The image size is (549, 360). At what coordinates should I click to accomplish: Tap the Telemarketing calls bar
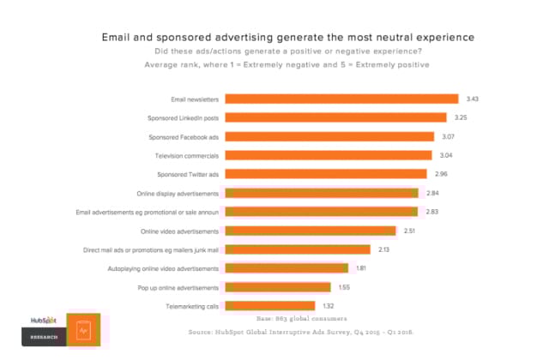click(269, 306)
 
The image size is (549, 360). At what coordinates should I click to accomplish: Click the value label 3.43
click(473, 99)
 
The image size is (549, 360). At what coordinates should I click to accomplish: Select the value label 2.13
click(384, 249)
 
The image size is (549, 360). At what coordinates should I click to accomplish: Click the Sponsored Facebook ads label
click(184, 136)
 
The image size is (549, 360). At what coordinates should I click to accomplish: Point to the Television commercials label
click(188, 155)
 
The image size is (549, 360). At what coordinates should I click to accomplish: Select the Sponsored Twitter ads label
click(187, 174)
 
